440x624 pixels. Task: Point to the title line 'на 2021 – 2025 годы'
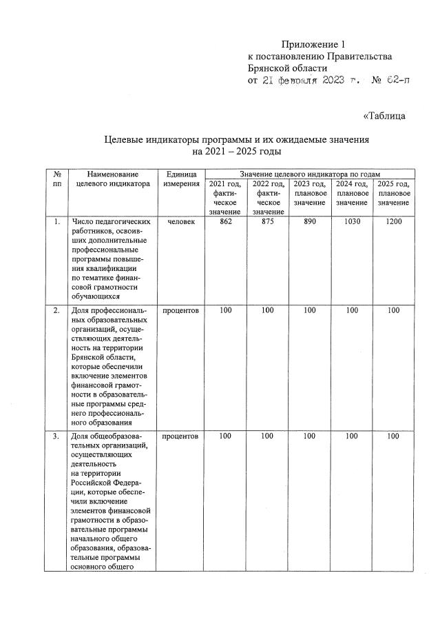(x=237, y=150)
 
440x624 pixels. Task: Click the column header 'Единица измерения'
(x=181, y=180)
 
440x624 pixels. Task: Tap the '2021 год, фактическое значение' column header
(x=224, y=198)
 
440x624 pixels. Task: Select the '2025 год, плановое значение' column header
(x=393, y=194)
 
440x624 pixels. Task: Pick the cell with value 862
(x=224, y=222)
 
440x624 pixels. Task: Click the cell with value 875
(x=266, y=222)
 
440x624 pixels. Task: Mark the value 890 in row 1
(x=309, y=222)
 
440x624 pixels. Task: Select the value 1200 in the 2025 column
(x=393, y=222)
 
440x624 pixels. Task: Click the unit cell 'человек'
(x=181, y=222)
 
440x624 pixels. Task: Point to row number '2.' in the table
(x=56, y=311)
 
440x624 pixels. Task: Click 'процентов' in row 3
(x=181, y=436)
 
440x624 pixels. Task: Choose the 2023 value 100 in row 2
(x=309, y=311)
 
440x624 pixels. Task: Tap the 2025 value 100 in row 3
(x=393, y=436)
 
